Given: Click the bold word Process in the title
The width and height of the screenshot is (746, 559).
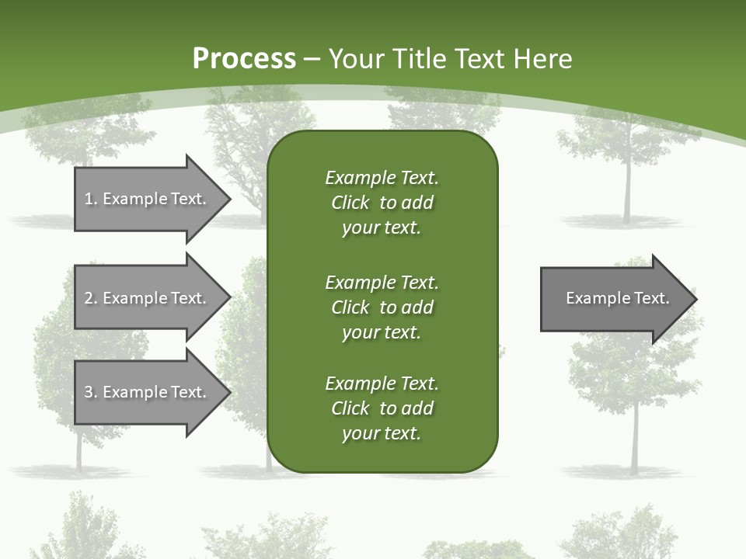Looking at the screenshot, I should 244,59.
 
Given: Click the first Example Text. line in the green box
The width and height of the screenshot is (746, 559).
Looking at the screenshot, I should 382,178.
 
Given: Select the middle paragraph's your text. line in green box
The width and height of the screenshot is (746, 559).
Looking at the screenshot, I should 382,332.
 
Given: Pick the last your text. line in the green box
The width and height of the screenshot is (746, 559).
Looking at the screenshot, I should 382,433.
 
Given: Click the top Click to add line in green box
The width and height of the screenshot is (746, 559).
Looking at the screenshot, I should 382,203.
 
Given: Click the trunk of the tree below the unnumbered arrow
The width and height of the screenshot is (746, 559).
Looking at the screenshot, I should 634,435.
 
